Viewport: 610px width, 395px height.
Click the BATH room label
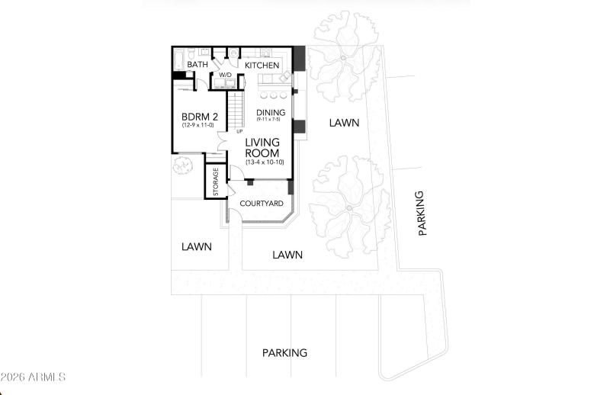(x=197, y=66)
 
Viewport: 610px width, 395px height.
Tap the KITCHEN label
(x=262, y=66)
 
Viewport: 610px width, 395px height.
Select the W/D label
(x=226, y=75)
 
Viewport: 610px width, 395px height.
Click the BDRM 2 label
(x=200, y=117)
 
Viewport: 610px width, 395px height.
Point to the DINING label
(x=271, y=113)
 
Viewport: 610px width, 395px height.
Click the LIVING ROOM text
(x=262, y=148)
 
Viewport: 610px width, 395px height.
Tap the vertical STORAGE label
(x=216, y=182)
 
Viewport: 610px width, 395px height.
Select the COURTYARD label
(x=262, y=204)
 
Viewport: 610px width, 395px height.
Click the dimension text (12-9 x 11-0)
(x=200, y=126)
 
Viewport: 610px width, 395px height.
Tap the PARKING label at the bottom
(x=284, y=353)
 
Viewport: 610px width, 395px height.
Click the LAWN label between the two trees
(x=344, y=122)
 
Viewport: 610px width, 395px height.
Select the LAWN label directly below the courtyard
(x=287, y=255)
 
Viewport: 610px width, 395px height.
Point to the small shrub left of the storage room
(x=182, y=164)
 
